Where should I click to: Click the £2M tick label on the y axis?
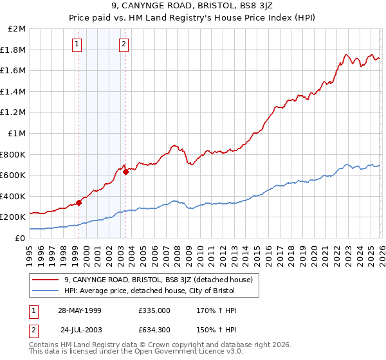click(x=17, y=29)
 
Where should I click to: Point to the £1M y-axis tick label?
click(x=17, y=133)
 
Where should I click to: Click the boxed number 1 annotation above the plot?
click(x=77, y=44)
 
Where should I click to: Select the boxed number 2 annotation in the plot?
click(x=124, y=44)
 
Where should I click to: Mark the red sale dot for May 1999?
click(x=79, y=203)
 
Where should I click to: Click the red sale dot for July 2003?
click(x=126, y=172)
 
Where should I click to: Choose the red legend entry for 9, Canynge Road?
click(x=161, y=280)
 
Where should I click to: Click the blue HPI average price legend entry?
click(x=149, y=291)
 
